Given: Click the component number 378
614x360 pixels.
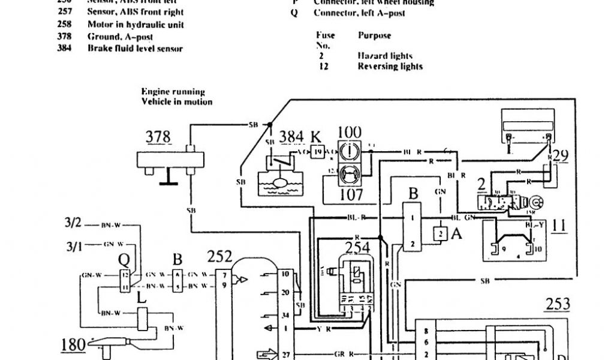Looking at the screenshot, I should [159, 137].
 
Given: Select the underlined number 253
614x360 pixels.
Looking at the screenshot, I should [557, 304].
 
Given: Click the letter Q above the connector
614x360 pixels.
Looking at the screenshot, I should [124, 260].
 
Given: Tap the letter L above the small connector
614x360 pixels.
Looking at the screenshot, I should [142, 298].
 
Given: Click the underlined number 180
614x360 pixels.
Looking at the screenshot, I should [74, 344].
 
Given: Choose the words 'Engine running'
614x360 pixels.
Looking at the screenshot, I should [173, 92].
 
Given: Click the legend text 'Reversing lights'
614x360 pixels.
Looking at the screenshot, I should [390, 66].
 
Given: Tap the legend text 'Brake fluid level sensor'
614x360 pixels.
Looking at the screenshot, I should [135, 48].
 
